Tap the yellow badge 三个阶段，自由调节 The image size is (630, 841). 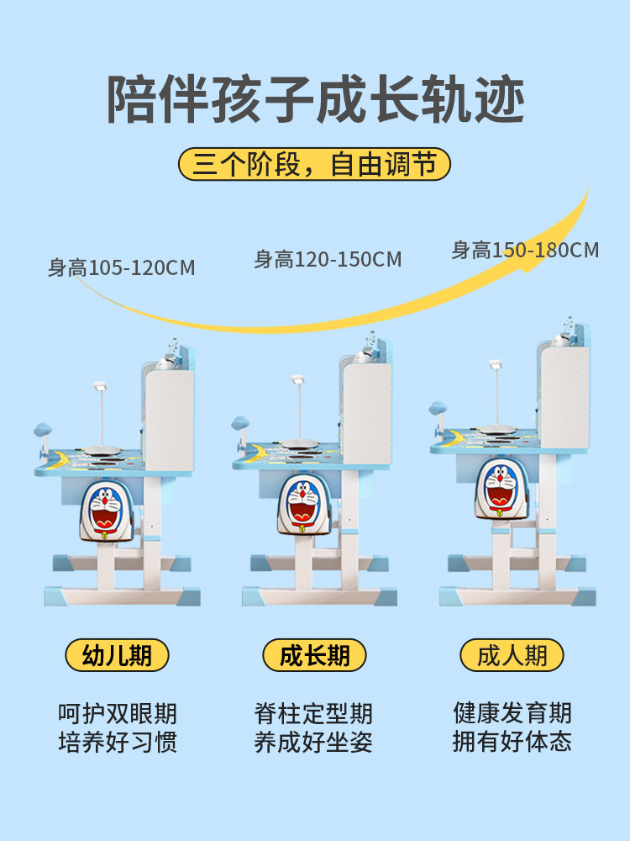[314, 164]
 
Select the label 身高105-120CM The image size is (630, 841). [121, 268]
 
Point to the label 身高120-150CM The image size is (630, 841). [328, 259]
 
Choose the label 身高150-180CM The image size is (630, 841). [525, 250]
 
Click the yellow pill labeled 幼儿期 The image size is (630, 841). [117, 655]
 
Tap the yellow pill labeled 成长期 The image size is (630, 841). [314, 655]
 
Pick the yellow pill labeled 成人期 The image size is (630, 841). [512, 655]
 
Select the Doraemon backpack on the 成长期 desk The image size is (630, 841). [303, 502]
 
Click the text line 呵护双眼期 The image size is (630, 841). [117, 714]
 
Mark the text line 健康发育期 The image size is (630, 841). [512, 713]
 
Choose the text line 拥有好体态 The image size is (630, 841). [512, 742]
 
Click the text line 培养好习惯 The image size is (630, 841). [117, 743]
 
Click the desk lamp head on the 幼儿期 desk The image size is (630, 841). [100, 387]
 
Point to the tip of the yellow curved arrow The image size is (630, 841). [587, 188]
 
